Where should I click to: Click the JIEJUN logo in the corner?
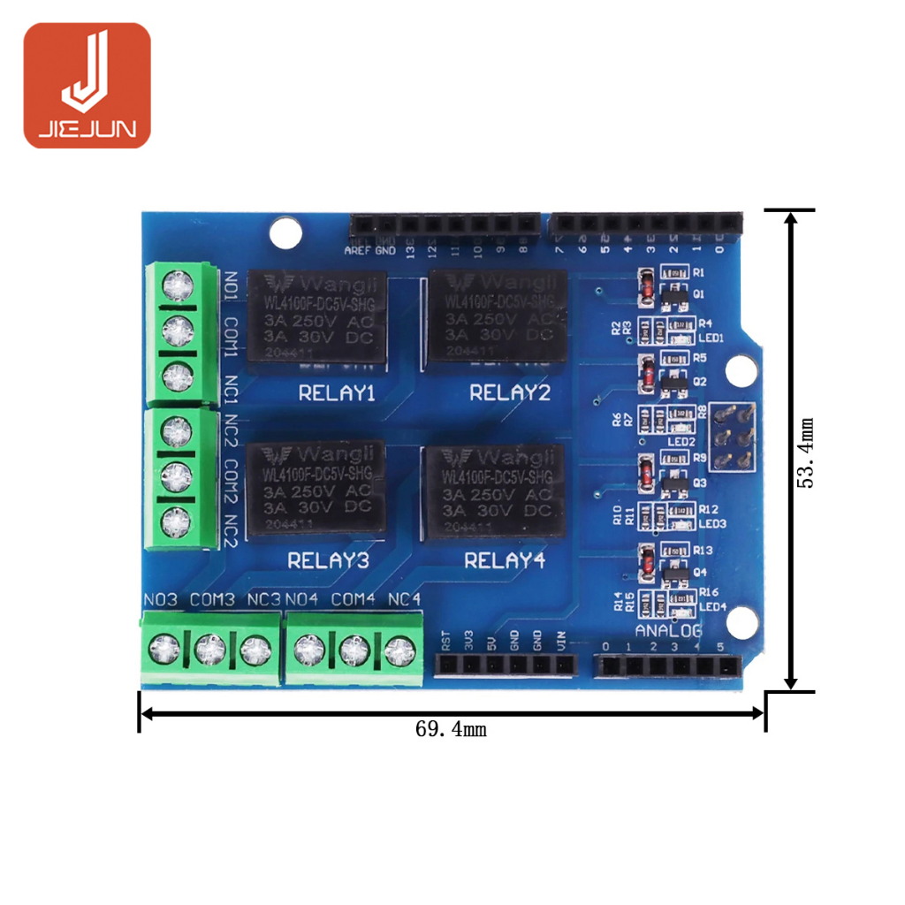[x=87, y=85]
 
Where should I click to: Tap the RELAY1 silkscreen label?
[x=337, y=393]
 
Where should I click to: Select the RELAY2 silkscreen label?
[x=509, y=392]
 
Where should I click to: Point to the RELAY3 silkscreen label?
[x=329, y=560]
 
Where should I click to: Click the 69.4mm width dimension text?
[x=451, y=730]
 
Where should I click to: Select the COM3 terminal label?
[x=212, y=600]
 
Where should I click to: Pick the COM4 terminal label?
[x=354, y=600]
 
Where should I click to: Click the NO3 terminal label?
[x=160, y=600]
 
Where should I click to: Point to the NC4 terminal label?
[x=404, y=600]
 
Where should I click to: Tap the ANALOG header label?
[x=669, y=630]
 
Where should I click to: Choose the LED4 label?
[x=712, y=606]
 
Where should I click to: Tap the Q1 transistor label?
[x=698, y=294]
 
